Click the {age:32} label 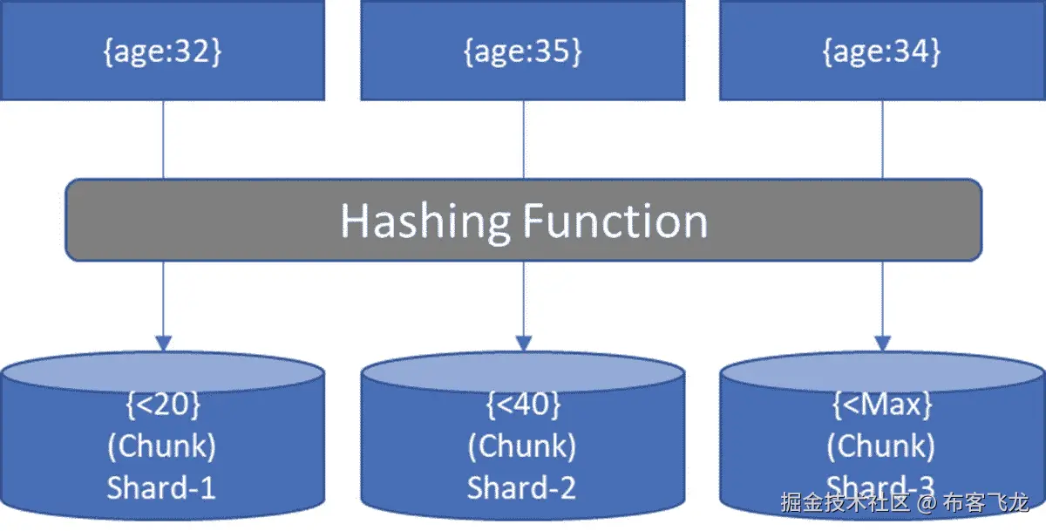click(x=163, y=51)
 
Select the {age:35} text click(x=522, y=51)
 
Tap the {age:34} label click(x=881, y=51)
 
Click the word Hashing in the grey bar click(x=425, y=221)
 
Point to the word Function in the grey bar click(x=615, y=221)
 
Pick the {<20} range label click(x=163, y=405)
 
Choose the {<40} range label click(x=522, y=405)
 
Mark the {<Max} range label click(x=881, y=405)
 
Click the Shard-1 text click(x=161, y=487)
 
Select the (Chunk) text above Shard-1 click(x=161, y=446)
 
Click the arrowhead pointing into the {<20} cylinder click(x=163, y=343)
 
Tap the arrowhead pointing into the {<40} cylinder click(x=523, y=343)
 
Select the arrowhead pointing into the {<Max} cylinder click(x=882, y=343)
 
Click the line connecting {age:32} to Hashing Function click(x=163, y=140)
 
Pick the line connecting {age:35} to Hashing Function click(x=523, y=140)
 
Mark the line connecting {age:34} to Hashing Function click(x=882, y=140)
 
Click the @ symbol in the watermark click(x=928, y=503)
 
